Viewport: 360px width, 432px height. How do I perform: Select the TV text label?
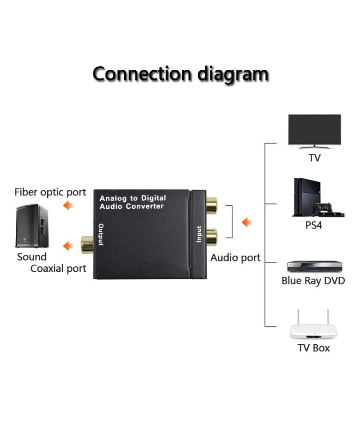pyautogui.click(x=315, y=158)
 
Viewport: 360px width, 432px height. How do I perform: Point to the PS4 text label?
pyautogui.click(x=314, y=225)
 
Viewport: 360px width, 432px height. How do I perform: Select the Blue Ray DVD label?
pyautogui.click(x=313, y=281)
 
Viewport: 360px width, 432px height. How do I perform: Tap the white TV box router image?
pyautogui.click(x=313, y=327)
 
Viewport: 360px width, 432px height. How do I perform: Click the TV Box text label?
pyautogui.click(x=314, y=348)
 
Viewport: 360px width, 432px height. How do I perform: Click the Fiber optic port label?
pyautogui.click(x=50, y=193)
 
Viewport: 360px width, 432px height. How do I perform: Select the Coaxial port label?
pyautogui.click(x=58, y=269)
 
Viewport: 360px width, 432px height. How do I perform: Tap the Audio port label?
pyautogui.click(x=235, y=258)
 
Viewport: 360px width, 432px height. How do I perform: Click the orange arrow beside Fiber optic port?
pyautogui.click(x=68, y=206)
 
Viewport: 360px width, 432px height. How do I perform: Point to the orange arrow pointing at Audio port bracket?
pyautogui.click(x=247, y=222)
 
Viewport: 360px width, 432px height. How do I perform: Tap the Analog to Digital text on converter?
pyautogui.click(x=132, y=198)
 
